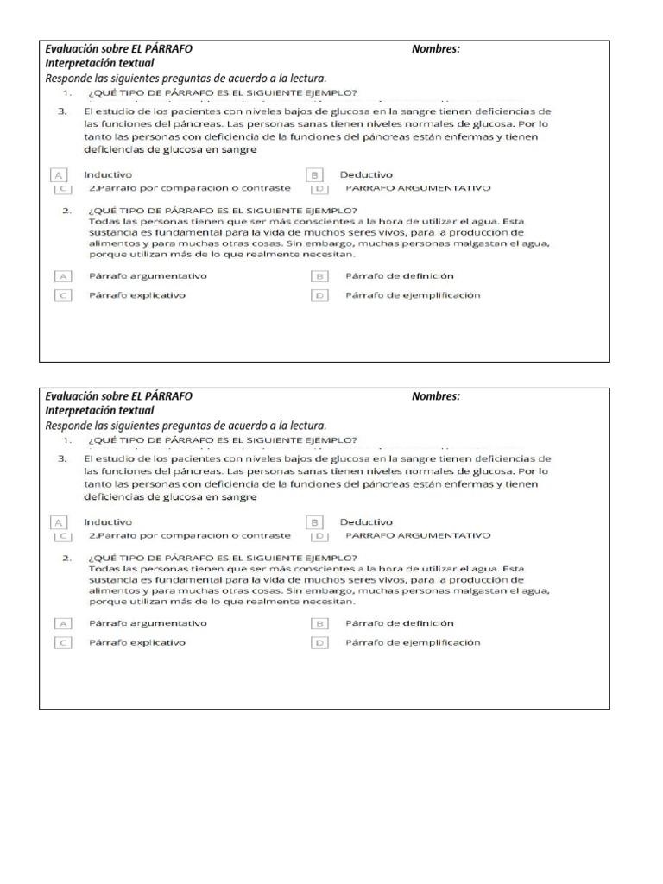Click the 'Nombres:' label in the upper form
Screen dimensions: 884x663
pyautogui.click(x=436, y=49)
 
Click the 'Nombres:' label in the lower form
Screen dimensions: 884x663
pyautogui.click(x=436, y=396)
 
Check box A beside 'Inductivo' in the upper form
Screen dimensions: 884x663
pyautogui.click(x=60, y=174)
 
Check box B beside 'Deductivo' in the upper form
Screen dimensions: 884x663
pyautogui.click(x=316, y=174)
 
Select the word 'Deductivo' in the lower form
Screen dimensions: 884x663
pyautogui.click(x=366, y=521)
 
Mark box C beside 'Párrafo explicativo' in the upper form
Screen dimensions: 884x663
pyautogui.click(x=62, y=295)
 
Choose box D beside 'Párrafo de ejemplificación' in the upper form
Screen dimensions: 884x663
pyautogui.click(x=319, y=295)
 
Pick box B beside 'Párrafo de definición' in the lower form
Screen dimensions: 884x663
pyautogui.click(x=319, y=623)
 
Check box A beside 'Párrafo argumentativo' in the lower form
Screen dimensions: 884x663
pyautogui.click(x=62, y=623)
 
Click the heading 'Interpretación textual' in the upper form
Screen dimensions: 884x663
pyautogui.click(x=99, y=63)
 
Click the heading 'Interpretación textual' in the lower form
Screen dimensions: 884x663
pyautogui.click(x=99, y=410)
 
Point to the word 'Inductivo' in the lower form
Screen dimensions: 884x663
pyautogui.click(x=108, y=521)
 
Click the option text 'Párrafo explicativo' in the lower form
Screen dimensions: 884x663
pyautogui.click(x=136, y=642)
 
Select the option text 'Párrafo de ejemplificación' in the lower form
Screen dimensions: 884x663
pyautogui.click(x=413, y=642)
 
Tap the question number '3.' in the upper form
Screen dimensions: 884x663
pyautogui.click(x=62, y=111)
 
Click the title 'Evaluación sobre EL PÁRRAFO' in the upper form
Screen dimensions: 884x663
pyautogui.click(x=118, y=49)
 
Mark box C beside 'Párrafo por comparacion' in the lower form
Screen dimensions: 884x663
pyautogui.click(x=62, y=535)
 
